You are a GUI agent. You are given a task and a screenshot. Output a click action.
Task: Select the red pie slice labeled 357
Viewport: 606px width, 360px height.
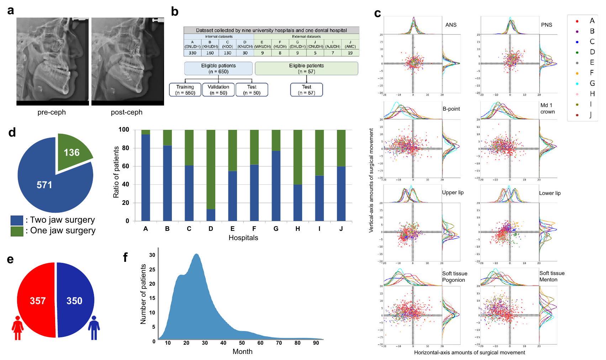37,301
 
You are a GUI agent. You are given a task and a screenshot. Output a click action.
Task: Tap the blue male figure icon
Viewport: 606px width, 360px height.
94,328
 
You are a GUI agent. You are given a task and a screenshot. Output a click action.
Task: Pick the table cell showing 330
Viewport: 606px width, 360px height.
193,53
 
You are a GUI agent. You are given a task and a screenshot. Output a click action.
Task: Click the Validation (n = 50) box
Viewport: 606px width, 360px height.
218,90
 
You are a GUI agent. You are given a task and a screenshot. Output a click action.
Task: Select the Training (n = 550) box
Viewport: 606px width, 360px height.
185,90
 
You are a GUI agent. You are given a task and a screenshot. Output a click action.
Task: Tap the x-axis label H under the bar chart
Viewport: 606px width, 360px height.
297,229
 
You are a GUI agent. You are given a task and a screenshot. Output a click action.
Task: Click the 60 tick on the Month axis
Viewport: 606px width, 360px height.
260,343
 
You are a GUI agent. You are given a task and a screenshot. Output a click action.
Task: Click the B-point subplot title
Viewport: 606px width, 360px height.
451,109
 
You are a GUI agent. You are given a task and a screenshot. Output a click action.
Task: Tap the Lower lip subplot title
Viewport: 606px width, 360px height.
549,193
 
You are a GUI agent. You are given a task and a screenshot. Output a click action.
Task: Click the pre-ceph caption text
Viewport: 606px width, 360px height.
52,112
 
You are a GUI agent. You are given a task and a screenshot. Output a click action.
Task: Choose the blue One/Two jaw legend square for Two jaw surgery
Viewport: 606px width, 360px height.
17,220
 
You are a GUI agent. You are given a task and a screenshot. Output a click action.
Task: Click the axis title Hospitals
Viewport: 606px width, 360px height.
243,238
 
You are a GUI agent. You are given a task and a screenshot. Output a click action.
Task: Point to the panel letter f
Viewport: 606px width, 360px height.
125,257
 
